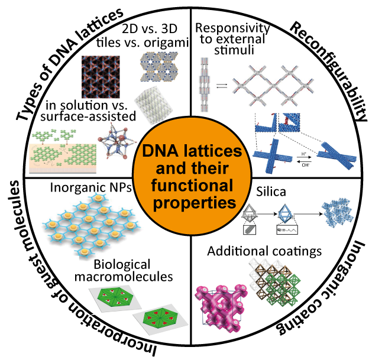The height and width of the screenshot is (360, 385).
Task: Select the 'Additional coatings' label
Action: point(264,251)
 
